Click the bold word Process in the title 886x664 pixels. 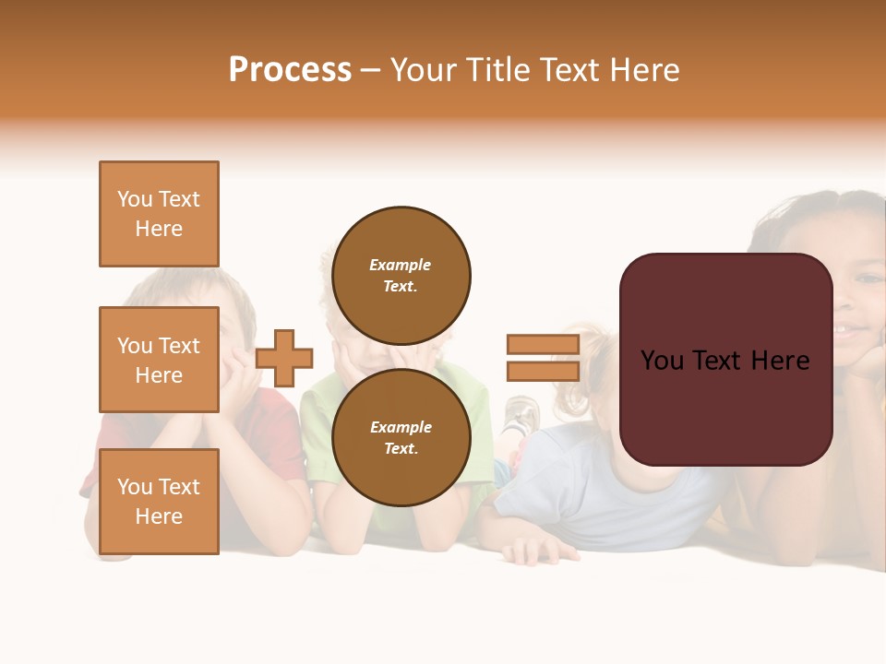[290, 70]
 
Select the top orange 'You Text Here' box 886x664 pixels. [159, 214]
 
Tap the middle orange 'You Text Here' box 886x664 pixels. [159, 360]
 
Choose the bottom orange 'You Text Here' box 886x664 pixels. [159, 502]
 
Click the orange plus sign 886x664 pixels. [284, 358]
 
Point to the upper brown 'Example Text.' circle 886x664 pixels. [401, 275]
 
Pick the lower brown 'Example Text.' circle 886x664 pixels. [401, 437]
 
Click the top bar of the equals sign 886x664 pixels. [543, 345]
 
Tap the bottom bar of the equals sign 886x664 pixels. [543, 371]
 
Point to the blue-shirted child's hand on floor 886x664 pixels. [540, 551]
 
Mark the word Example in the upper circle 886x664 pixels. [400, 265]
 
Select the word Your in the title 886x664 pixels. [422, 70]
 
